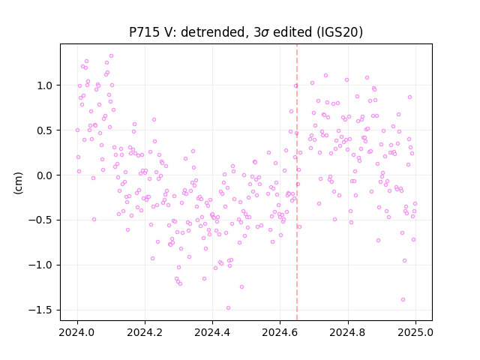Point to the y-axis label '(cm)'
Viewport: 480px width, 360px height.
coord(18,183)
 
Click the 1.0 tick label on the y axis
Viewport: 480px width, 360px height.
coord(45,85)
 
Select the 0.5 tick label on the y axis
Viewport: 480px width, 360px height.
coord(45,130)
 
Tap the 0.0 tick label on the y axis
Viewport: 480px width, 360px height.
coord(45,175)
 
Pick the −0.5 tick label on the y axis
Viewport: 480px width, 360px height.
coord(40,220)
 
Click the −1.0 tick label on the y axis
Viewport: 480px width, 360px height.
coord(40,265)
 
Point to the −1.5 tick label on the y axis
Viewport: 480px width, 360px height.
coord(40,310)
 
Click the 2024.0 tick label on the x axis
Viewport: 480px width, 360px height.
coord(77,332)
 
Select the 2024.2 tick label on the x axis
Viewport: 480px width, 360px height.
coord(145,332)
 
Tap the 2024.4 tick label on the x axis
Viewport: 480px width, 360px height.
coord(212,332)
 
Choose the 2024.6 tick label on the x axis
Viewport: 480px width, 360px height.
coord(280,332)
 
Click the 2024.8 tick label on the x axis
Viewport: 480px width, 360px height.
coord(348,332)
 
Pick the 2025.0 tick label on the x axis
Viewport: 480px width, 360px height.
coord(415,332)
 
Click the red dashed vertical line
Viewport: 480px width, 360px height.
coord(297,182)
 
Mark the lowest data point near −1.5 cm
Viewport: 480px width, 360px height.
coord(228,308)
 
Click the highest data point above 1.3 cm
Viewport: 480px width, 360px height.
coord(112,56)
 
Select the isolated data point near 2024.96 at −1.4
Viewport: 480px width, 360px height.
coord(403,300)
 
